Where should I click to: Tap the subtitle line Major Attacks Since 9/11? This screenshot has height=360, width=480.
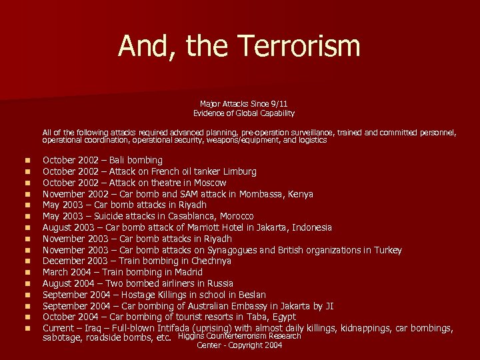(x=243, y=103)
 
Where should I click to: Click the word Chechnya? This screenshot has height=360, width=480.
(x=192, y=261)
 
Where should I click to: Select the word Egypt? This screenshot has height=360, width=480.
(x=283, y=317)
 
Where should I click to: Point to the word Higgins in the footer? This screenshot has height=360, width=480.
(x=193, y=337)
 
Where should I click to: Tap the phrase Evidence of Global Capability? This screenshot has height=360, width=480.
(x=243, y=113)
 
